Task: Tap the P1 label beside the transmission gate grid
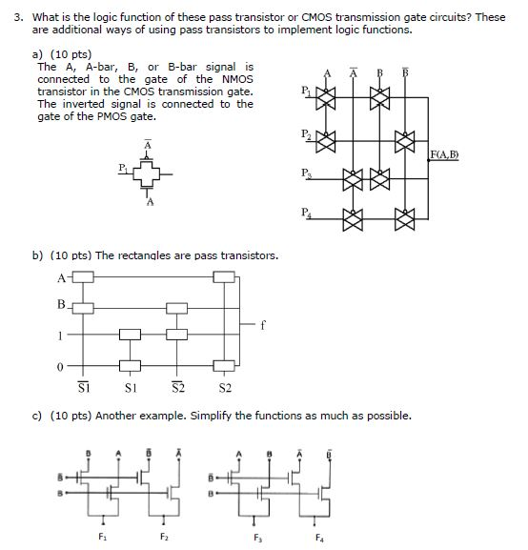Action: click(x=304, y=92)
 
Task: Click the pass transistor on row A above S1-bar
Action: click(x=84, y=278)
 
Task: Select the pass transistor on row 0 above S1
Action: click(x=129, y=365)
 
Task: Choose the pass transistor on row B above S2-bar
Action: click(x=177, y=308)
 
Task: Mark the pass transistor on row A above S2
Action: click(x=224, y=278)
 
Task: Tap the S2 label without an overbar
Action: click(x=225, y=388)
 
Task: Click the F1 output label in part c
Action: click(x=104, y=539)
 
